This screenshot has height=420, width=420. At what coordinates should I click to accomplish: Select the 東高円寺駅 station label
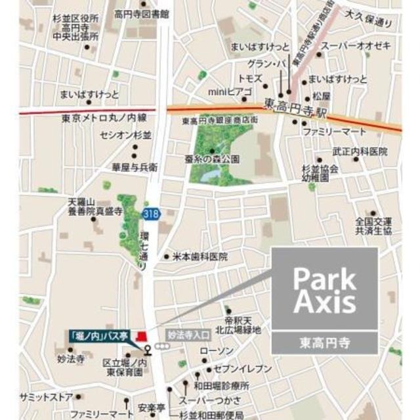pyautogui.click(x=294, y=104)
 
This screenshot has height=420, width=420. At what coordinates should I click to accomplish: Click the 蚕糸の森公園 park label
pyautogui.click(x=211, y=159)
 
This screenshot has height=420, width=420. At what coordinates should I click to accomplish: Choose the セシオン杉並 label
pyautogui.click(x=125, y=135)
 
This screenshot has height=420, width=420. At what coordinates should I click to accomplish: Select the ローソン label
pyautogui.click(x=211, y=350)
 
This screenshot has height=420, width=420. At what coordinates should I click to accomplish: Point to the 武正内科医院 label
pyautogui.click(x=359, y=152)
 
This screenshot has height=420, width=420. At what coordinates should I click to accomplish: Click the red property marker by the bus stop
pyautogui.click(x=140, y=337)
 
